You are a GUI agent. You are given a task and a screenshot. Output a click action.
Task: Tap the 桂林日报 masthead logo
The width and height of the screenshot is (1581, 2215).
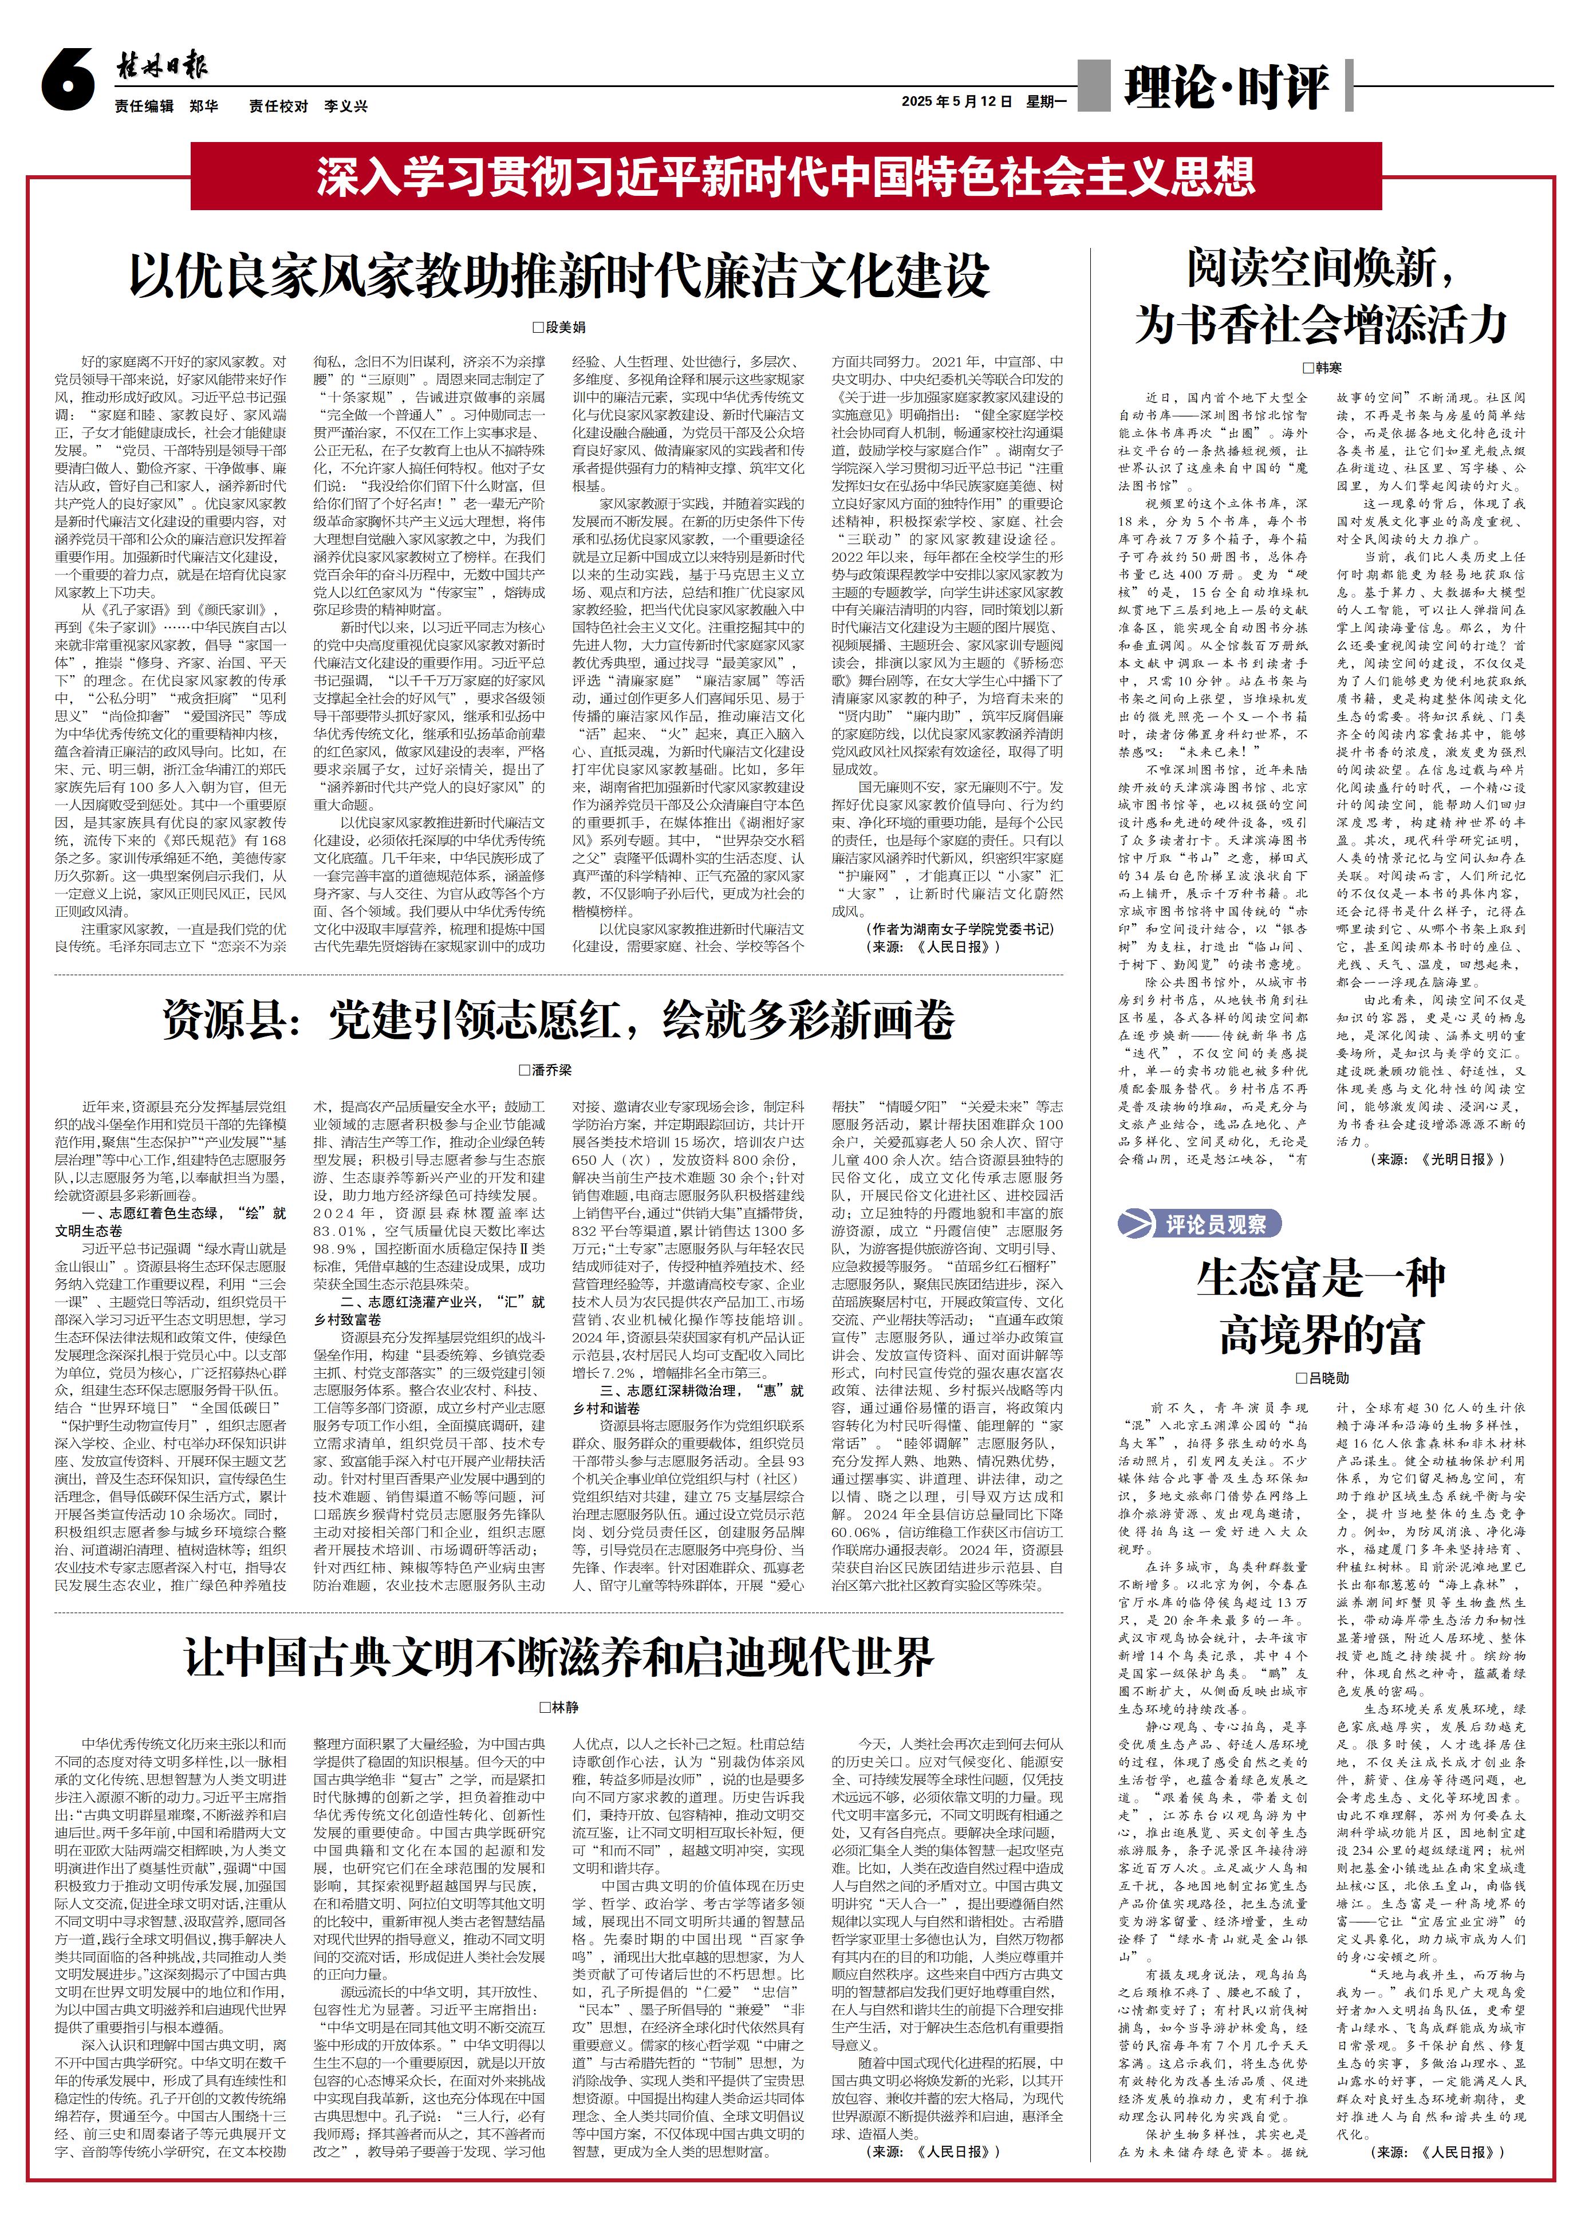tap(161, 66)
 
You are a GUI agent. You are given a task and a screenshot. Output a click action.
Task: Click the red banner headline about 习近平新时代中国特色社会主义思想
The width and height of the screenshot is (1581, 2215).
tap(784, 176)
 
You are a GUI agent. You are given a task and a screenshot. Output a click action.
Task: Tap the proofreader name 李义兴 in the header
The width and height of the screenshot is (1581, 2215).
tap(346, 106)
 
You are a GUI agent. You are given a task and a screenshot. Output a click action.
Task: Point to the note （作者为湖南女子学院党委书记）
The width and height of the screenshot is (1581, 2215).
tap(958, 929)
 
